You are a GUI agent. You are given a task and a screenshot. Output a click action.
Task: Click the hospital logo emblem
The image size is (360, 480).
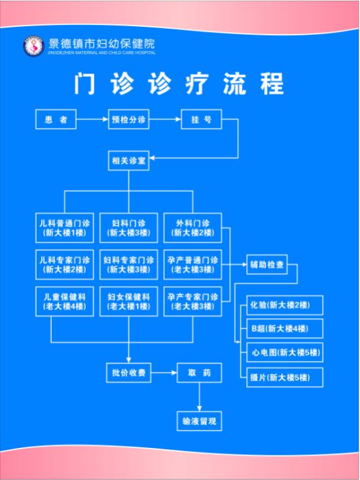(x=33, y=46)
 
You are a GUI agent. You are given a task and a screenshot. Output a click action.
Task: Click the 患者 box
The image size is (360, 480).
(x=56, y=119)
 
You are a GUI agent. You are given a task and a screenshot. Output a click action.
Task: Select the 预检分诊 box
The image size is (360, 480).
(x=129, y=119)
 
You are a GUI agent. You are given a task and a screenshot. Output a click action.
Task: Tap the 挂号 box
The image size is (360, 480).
(x=201, y=119)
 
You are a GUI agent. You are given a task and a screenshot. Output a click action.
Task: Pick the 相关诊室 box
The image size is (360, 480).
(x=129, y=160)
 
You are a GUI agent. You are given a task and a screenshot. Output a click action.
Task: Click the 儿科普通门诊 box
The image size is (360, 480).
(x=65, y=228)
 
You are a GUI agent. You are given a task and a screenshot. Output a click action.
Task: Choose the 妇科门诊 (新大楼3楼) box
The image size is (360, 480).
(x=129, y=228)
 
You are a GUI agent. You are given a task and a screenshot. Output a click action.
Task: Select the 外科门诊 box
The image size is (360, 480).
(x=192, y=228)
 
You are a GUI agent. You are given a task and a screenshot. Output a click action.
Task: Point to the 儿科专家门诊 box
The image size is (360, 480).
(x=65, y=265)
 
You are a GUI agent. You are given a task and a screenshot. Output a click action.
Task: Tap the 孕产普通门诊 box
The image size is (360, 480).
(x=192, y=265)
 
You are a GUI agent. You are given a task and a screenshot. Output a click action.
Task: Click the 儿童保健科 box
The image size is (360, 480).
(x=65, y=301)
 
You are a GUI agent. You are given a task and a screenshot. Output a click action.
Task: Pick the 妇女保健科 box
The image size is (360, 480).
(x=129, y=301)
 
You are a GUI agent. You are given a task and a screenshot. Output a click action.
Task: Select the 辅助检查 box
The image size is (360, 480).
(x=267, y=265)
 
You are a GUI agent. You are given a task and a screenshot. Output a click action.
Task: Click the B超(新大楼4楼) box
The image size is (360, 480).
(x=285, y=329)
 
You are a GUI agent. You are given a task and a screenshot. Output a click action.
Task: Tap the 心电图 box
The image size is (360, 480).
(x=285, y=353)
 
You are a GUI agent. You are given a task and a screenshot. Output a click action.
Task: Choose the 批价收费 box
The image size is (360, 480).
(x=129, y=373)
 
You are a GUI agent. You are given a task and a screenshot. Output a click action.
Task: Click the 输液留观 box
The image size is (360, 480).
(x=200, y=421)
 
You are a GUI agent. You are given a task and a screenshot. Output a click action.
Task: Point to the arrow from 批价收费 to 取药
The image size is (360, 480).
(x=164, y=373)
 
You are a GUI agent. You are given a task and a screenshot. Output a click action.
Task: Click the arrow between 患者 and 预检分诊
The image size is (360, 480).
(x=92, y=119)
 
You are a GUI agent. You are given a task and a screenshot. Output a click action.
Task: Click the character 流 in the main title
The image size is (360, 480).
(x=234, y=84)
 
